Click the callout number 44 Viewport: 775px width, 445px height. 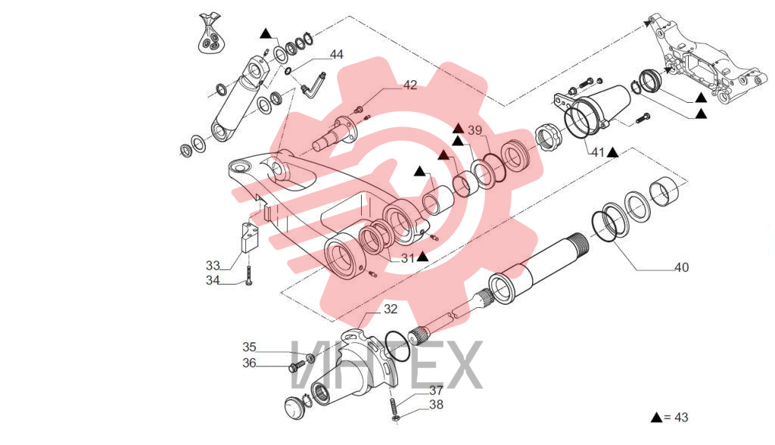point(337,54)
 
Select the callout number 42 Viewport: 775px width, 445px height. point(410,85)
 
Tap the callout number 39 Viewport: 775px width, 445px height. point(475,130)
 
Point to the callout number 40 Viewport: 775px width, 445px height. point(682,267)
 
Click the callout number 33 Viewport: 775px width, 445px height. point(213,266)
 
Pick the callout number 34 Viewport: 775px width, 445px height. point(213,280)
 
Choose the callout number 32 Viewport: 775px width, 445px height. point(391,309)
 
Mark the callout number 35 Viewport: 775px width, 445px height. point(249,347)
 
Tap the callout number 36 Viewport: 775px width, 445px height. point(249,363)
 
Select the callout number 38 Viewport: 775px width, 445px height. point(436,404)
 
